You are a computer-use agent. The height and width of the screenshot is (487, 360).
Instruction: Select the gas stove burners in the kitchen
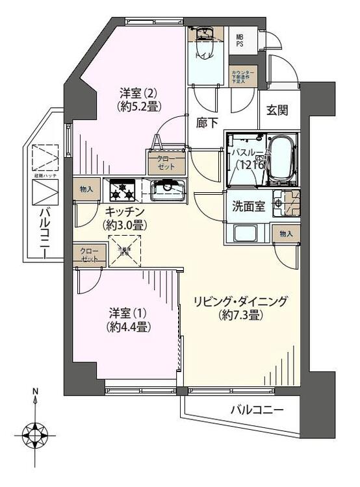pyautogui.click(x=122, y=190)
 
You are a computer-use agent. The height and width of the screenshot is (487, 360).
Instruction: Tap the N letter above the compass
pyautogui.click(x=36, y=392)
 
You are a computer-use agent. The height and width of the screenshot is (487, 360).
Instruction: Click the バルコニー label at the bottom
pyautogui.click(x=257, y=410)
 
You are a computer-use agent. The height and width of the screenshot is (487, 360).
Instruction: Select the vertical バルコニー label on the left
pyautogui.click(x=45, y=230)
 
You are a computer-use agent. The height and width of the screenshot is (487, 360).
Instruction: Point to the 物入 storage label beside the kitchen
pyautogui.click(x=86, y=190)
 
